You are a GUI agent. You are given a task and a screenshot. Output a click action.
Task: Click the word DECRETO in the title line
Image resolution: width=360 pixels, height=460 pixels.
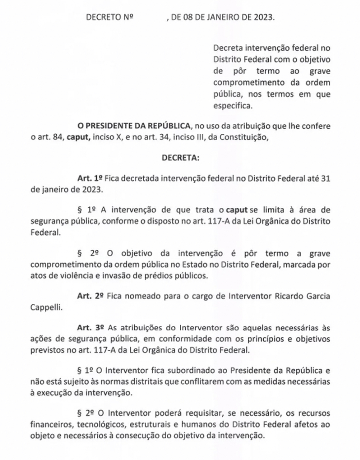click(x=103, y=17)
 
